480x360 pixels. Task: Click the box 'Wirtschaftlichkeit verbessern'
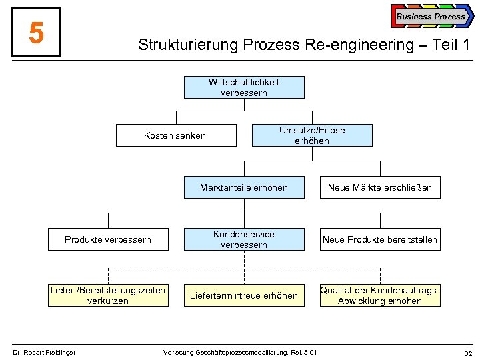[244, 87]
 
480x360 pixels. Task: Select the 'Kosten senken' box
[176, 135]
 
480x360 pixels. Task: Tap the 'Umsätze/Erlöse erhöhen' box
[312, 135]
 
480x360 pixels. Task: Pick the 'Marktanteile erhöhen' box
[244, 187]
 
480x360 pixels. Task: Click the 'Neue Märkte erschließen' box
[379, 187]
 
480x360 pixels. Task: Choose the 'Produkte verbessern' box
[108, 239]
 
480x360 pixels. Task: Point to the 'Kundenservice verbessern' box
[244, 239]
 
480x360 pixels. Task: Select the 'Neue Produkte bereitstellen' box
[379, 239]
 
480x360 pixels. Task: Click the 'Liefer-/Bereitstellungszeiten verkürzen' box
[108, 295]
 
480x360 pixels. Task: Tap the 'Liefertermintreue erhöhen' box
[244, 295]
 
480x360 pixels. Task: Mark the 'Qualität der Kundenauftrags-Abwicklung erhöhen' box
[379, 295]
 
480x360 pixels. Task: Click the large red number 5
[37, 33]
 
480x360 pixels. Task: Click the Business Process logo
[431, 17]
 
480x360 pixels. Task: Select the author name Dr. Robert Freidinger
[45, 352]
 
